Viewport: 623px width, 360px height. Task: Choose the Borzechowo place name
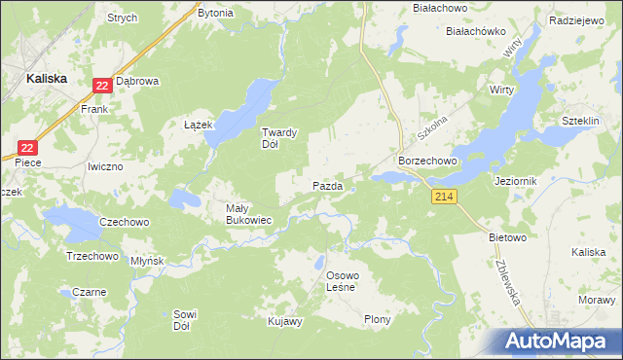coord(422,160)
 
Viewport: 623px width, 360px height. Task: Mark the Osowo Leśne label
coord(342,280)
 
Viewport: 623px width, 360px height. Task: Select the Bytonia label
coord(215,13)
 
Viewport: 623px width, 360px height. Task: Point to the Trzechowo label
coord(92,256)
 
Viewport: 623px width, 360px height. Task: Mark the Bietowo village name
coord(507,236)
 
